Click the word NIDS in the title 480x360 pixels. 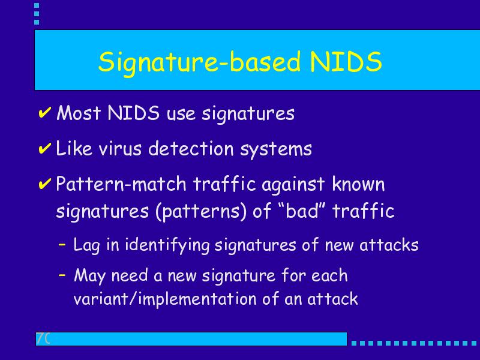[x=346, y=61]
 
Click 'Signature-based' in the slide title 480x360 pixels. [x=199, y=62]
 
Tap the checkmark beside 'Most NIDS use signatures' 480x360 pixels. [x=44, y=113]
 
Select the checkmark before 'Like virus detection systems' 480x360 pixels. [x=44, y=148]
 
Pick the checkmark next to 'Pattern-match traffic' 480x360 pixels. [x=44, y=184]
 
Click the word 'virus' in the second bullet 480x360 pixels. [x=120, y=149]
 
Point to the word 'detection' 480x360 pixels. [x=191, y=149]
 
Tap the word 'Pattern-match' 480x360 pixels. [x=121, y=184]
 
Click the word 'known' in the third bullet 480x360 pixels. [x=358, y=184]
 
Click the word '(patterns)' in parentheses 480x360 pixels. [x=201, y=212]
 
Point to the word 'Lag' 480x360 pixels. [x=86, y=245]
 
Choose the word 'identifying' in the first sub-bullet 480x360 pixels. [x=167, y=245]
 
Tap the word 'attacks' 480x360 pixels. [x=389, y=245]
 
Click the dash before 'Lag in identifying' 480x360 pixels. [x=62, y=244]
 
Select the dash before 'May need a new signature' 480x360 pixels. [x=62, y=275]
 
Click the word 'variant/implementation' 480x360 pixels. [x=165, y=299]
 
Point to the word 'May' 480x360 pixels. [x=89, y=275]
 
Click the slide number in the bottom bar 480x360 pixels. [x=43, y=338]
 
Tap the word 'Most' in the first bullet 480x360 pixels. [x=79, y=113]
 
